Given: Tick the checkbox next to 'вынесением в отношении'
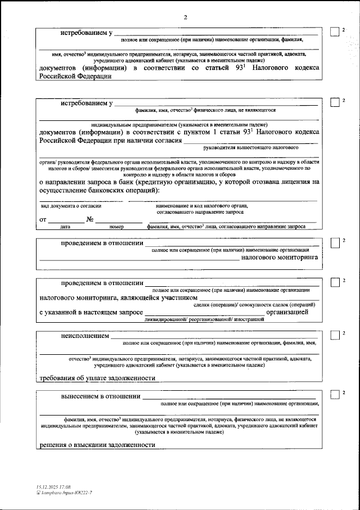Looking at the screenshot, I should pyautogui.click(x=334, y=395).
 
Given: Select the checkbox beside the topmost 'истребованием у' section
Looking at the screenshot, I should pyautogui.click(x=334, y=32).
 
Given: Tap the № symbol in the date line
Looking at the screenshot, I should pyautogui.click(x=89, y=219).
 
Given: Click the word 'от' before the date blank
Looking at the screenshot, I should pyautogui.click(x=43, y=219).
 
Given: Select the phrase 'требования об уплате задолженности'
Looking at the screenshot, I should pyautogui.click(x=97, y=378).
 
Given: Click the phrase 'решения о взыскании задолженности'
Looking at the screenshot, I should pyautogui.click(x=97, y=444).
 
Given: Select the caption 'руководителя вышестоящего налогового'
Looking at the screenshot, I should pyautogui.click(x=251, y=147).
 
